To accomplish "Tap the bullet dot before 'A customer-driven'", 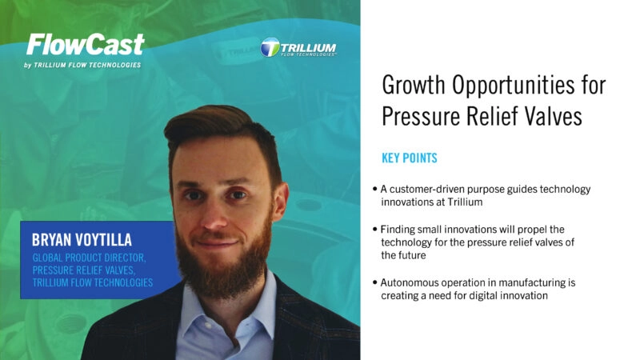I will tap(374, 190).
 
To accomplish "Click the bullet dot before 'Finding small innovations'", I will tap(374, 230).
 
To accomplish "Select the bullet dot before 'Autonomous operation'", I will tap(374, 283).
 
